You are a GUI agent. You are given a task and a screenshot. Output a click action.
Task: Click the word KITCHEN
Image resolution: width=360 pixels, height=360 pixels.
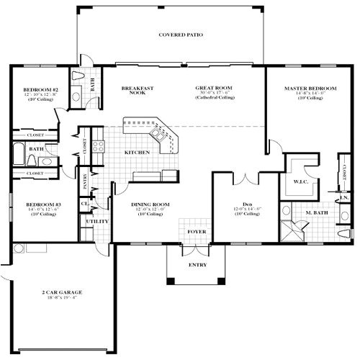click(137, 153)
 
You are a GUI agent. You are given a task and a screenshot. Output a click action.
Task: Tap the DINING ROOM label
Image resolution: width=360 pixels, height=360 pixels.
click(150, 204)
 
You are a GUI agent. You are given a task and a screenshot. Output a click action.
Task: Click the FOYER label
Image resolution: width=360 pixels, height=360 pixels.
click(195, 232)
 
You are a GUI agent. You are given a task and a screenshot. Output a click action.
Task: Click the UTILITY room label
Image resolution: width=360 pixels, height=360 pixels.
click(96, 221)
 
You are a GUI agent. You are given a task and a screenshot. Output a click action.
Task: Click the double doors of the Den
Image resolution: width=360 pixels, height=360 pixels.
click(246, 176)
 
